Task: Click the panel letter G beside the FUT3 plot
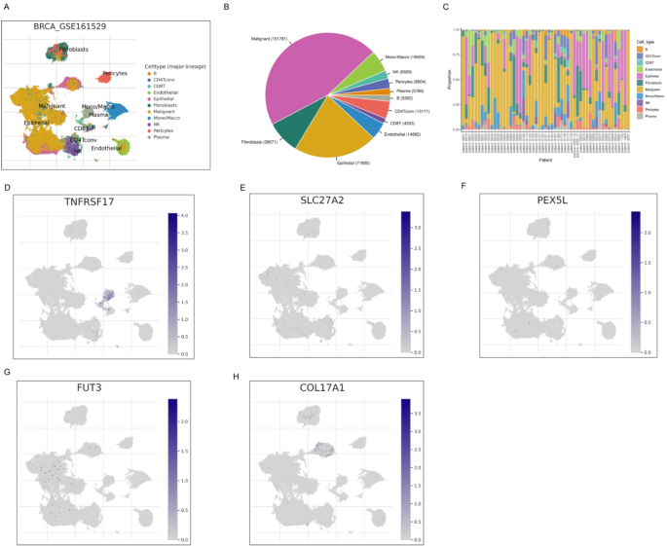(8, 373)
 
